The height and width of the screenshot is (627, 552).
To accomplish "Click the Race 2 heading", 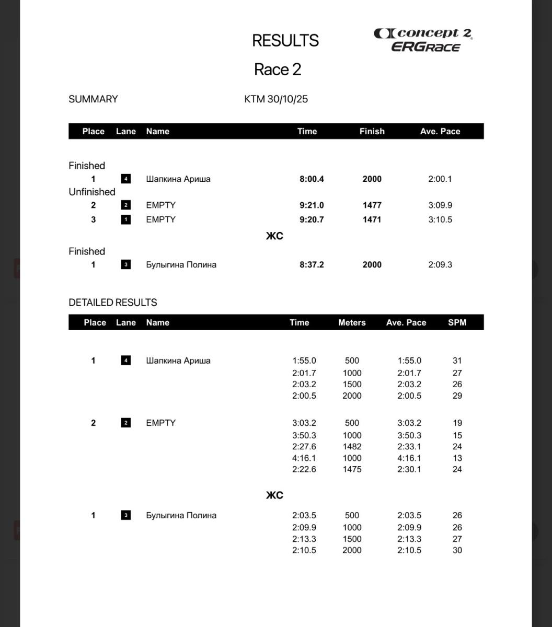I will point(278,69).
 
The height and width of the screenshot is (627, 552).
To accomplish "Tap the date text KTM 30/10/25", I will point(276,99).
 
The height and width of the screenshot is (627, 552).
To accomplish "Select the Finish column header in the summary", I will point(372,131).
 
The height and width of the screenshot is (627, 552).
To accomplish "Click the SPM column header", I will point(457,322).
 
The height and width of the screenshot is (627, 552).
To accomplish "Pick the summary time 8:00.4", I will point(312,179).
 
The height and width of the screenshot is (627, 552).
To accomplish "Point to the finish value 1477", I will point(372,205).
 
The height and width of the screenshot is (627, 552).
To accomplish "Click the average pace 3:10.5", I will point(440,219).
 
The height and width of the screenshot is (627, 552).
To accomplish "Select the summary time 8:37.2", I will point(312,264).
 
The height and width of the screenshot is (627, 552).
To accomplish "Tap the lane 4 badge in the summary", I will point(125,179).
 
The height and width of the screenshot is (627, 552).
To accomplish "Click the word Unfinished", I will point(92,192).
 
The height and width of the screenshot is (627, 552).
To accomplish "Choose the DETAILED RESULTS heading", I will point(113,303).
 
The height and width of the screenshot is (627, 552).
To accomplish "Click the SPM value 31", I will point(457,361).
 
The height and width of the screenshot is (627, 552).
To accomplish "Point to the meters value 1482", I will point(352,447).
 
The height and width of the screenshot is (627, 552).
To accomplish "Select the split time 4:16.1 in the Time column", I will point(304,458).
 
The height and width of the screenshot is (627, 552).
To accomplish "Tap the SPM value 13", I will point(457,458).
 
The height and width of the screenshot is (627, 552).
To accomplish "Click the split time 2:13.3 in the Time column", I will point(304,539).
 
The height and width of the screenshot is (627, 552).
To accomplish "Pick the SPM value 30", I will point(457,550).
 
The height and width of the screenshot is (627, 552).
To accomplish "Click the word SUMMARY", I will point(93,99).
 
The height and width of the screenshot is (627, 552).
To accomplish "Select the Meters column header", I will point(352,322).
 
